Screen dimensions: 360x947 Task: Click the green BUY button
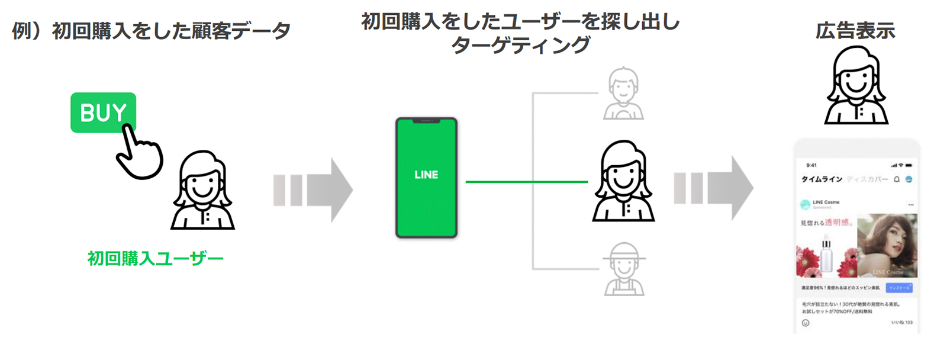(103, 112)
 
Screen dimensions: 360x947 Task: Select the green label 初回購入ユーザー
(155, 259)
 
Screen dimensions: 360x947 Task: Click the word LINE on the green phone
(426, 175)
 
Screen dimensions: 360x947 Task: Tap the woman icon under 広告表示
(856, 86)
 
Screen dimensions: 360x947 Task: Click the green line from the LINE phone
(526, 182)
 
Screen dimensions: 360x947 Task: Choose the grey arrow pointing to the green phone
(313, 190)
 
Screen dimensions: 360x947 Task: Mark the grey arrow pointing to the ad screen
(713, 188)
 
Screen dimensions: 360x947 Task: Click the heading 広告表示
(855, 31)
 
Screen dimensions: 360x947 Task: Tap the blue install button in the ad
(899, 288)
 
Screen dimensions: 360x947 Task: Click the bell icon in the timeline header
(897, 179)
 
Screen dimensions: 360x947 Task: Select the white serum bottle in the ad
(827, 255)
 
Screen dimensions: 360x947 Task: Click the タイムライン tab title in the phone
(822, 179)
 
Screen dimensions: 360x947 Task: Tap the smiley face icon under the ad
(806, 323)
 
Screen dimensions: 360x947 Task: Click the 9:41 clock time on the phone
(811, 165)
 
